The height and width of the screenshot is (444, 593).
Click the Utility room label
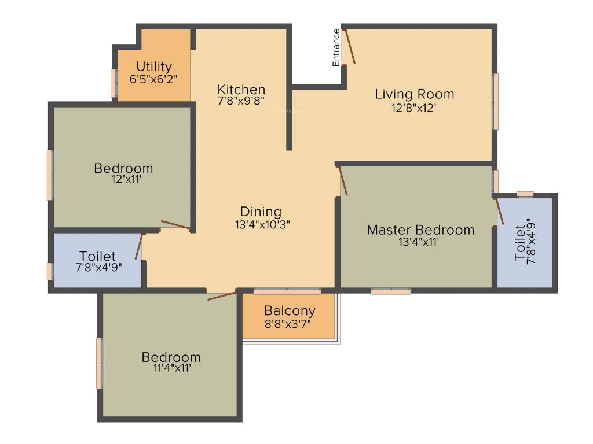(x=153, y=66)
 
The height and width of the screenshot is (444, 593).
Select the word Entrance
(x=336, y=47)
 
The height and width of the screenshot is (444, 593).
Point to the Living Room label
(x=414, y=94)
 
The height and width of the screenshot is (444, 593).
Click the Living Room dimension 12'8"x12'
(x=414, y=107)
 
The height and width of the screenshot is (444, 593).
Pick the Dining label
(x=261, y=212)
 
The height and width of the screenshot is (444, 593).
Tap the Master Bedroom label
(x=420, y=230)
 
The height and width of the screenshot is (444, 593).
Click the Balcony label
(x=290, y=310)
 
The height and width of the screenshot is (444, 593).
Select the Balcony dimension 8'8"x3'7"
(x=288, y=324)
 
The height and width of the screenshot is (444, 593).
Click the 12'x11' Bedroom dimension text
(x=123, y=180)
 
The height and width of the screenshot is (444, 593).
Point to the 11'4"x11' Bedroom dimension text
(x=171, y=369)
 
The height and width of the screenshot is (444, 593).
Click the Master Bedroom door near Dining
(x=343, y=180)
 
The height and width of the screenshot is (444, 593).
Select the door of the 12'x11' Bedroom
(x=174, y=224)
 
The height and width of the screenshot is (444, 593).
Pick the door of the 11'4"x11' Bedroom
(x=222, y=296)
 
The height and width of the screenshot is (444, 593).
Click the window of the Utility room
(x=114, y=83)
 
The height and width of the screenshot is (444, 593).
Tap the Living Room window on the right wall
(x=495, y=101)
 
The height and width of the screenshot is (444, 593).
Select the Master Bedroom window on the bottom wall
(x=391, y=291)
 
